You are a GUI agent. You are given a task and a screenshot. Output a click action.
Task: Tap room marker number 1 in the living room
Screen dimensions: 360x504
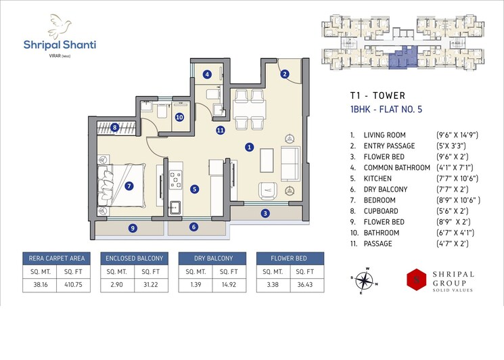[x=250, y=146]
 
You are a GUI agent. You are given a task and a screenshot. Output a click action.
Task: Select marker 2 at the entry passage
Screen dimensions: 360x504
[x=285, y=74]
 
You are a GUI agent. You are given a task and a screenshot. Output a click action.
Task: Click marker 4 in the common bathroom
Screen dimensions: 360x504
[x=208, y=74]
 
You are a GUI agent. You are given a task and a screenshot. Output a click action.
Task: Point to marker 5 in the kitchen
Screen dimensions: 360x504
[x=194, y=189]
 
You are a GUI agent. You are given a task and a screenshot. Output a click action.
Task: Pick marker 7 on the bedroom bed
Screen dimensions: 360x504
[x=129, y=185]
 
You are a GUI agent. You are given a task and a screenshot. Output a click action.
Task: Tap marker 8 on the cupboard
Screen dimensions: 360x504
[x=115, y=127]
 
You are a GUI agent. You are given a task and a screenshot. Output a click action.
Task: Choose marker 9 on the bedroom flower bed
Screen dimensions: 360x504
[x=132, y=227]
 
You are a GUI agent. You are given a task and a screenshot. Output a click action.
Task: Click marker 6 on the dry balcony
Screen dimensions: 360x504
[x=194, y=227]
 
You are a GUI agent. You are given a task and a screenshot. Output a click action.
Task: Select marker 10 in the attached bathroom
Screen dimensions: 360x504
[x=179, y=117]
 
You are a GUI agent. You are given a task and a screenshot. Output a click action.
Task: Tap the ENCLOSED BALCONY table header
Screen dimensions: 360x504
[x=134, y=258]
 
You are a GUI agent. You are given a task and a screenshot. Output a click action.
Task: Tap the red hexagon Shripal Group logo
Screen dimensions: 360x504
[x=415, y=279]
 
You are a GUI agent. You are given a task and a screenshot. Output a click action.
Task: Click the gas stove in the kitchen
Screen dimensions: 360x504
[x=175, y=179]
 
